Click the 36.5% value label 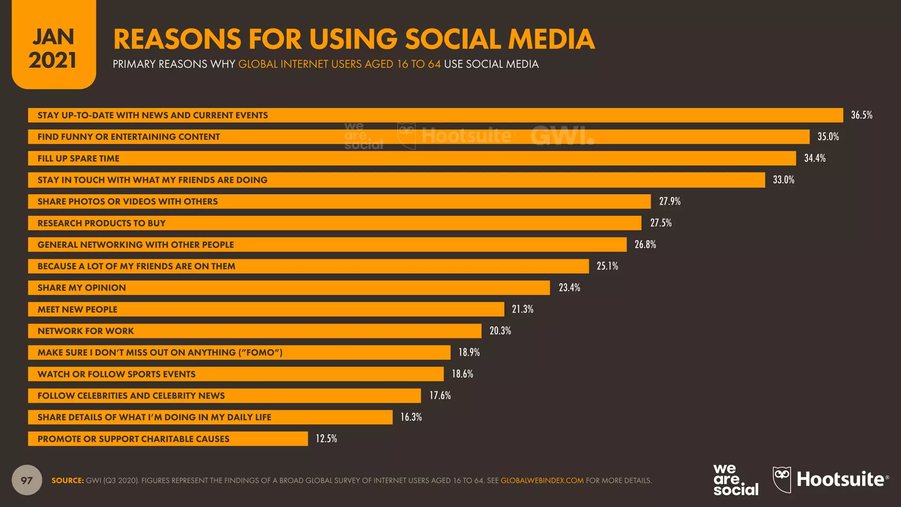861,115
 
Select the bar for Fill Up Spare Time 412,158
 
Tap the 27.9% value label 670,202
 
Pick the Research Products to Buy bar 334,223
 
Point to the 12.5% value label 326,439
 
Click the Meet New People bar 266,309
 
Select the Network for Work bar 254,331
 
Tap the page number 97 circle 27,480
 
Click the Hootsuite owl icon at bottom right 782,480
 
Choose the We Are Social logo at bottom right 736,480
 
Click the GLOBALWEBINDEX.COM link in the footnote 542,481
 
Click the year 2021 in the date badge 53,60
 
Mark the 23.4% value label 569,288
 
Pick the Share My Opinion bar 289,288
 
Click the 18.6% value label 462,374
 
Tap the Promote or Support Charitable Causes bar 168,439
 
